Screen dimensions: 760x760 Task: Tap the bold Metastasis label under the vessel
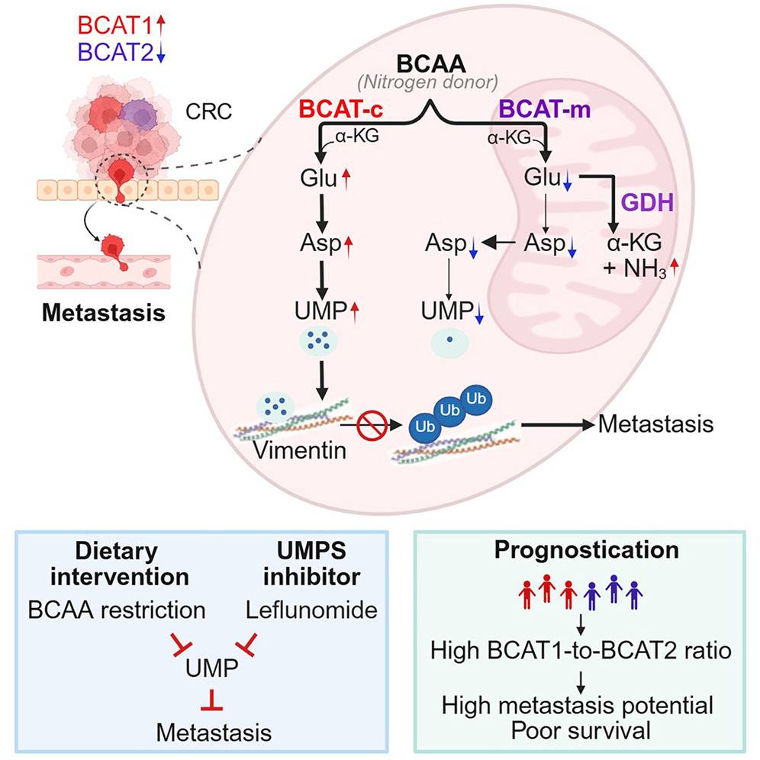click(102, 312)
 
